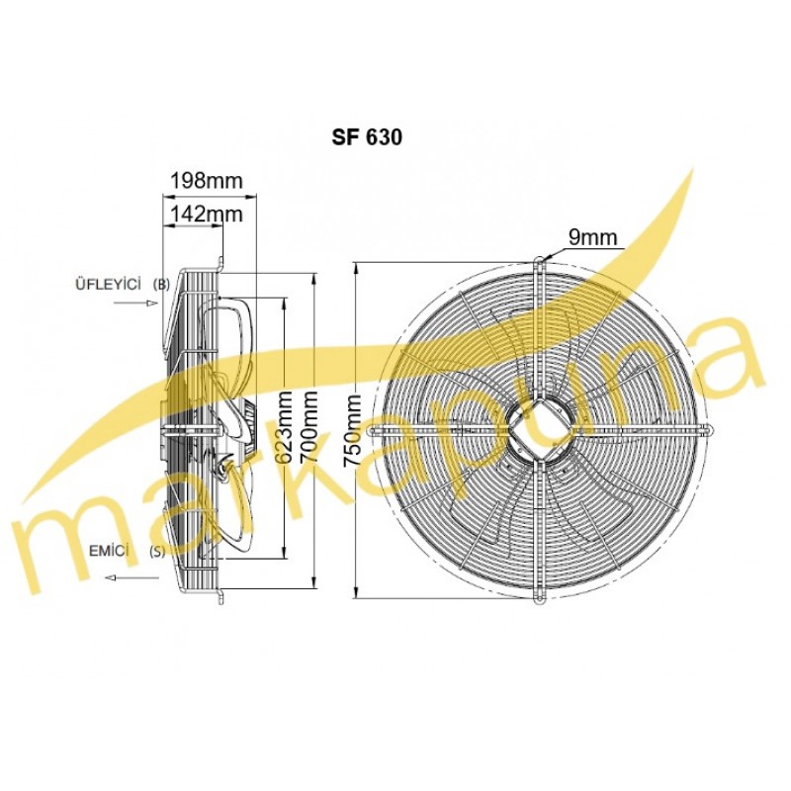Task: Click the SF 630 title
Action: (367, 137)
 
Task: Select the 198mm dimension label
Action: (207, 180)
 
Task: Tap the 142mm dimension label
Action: (206, 214)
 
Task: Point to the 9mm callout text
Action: (592, 237)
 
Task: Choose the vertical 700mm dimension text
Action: (308, 427)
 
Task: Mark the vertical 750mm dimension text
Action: (352, 432)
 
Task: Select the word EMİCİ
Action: (107, 551)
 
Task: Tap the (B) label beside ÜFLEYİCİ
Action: (161, 285)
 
